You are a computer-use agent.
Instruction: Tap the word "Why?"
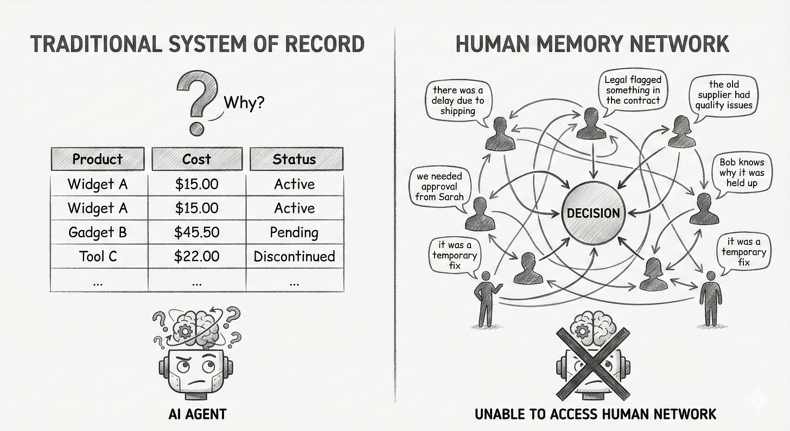point(244,102)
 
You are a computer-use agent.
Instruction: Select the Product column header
point(98,159)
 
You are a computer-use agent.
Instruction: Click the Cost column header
point(196,159)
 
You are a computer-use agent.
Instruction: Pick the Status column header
point(294,159)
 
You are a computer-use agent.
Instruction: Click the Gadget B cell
point(98,232)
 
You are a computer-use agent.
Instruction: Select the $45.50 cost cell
point(196,232)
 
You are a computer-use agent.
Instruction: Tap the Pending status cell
point(294,232)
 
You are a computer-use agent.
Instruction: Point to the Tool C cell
point(98,256)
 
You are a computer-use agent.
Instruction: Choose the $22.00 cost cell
point(196,256)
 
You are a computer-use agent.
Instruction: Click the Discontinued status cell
point(294,256)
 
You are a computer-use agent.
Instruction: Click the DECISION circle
point(593,213)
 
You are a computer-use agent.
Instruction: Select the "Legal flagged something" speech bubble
point(633,90)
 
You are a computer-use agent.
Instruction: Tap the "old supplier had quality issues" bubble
point(724,94)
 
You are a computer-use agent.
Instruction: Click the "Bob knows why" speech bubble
point(741,172)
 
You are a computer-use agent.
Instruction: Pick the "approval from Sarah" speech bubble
point(440,186)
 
